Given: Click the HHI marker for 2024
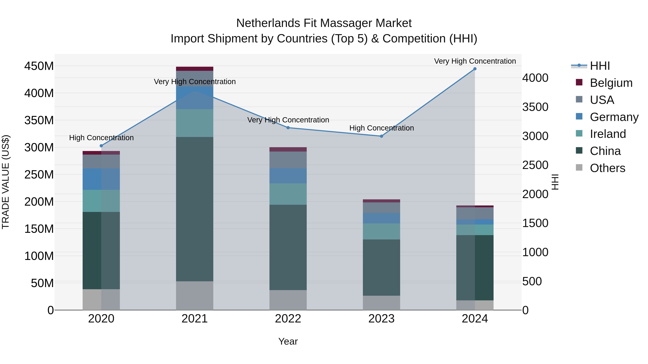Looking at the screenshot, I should click(x=475, y=69).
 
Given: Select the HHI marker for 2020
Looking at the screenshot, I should click(x=101, y=146).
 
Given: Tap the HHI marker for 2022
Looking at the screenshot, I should click(x=288, y=128).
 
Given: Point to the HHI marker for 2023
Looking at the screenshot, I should click(x=381, y=136).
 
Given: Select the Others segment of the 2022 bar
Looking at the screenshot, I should click(x=288, y=300).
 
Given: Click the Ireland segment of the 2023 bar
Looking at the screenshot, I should click(x=381, y=231).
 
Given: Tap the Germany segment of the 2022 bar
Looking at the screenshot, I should click(x=288, y=176).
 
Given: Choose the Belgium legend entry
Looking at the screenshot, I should click(x=611, y=83).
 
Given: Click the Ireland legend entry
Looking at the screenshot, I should click(x=607, y=134).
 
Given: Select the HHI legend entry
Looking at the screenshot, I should click(x=600, y=66).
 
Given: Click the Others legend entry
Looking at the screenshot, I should click(x=607, y=168).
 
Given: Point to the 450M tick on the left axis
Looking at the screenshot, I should click(x=39, y=66).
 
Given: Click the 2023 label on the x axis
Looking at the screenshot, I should click(x=381, y=319).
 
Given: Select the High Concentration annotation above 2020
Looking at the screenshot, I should click(x=101, y=138).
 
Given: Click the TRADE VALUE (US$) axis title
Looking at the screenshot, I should click(x=6, y=182).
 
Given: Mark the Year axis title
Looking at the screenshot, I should click(x=288, y=341).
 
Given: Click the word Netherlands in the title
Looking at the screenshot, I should click(x=268, y=23).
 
